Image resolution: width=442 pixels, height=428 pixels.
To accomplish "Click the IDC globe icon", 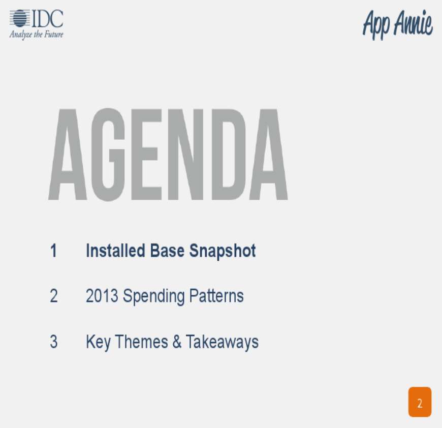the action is pyautogui.click(x=20, y=19).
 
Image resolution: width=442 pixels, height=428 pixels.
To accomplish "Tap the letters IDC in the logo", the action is pyautogui.click(x=47, y=19).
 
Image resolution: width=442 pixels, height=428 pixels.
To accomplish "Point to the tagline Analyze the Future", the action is pyautogui.click(x=37, y=35).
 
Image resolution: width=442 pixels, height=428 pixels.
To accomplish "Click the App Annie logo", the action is pyautogui.click(x=397, y=24).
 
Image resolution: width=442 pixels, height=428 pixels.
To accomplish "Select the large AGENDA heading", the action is pyautogui.click(x=168, y=155).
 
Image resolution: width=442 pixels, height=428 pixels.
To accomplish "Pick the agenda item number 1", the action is pyautogui.click(x=53, y=251).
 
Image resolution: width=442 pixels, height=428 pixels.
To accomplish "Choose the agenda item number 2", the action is pyautogui.click(x=53, y=296).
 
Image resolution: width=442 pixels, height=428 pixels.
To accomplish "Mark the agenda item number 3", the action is pyautogui.click(x=53, y=342).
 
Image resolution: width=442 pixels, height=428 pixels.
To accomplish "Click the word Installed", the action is pyautogui.click(x=115, y=251).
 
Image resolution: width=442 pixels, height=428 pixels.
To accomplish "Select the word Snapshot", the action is pyautogui.click(x=223, y=251).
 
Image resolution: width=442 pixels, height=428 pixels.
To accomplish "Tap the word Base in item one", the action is pyautogui.click(x=167, y=251).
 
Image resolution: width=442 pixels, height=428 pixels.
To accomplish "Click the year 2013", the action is pyautogui.click(x=102, y=296).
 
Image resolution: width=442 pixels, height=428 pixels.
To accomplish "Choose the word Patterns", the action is pyautogui.click(x=216, y=296).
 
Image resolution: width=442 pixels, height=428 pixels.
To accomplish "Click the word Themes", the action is pyautogui.click(x=142, y=342).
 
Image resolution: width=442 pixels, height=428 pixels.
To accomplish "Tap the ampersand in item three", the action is pyautogui.click(x=177, y=342).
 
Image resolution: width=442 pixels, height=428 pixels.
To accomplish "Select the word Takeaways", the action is pyautogui.click(x=222, y=343).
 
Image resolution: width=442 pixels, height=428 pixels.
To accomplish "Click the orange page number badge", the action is pyautogui.click(x=420, y=402).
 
